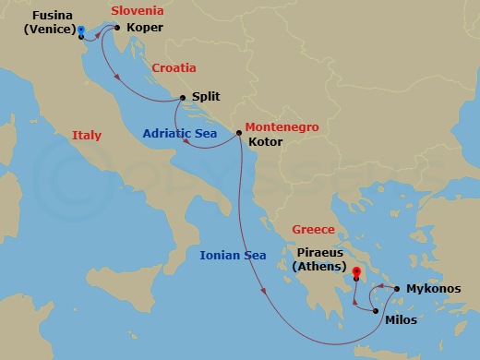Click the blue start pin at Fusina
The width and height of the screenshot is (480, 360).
coord(81,31)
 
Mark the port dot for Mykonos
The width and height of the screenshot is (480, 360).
coord(397,289)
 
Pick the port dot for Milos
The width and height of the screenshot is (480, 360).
coord(375,311)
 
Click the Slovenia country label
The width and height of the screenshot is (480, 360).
coord(137,11)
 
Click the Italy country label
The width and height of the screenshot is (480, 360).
coord(87,136)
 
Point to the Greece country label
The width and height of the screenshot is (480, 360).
coord(313,230)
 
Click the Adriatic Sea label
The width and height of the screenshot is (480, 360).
coord(179,133)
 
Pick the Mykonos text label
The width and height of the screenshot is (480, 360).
coord(434,289)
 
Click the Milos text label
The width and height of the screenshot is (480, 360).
coord(402,319)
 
